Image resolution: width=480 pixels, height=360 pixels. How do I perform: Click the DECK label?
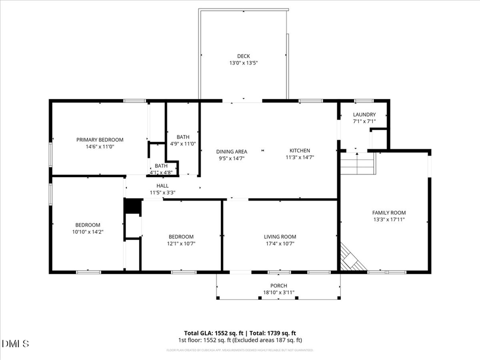click(x=243, y=56)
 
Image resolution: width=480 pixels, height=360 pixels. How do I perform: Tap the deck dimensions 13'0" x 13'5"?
click(x=243, y=63)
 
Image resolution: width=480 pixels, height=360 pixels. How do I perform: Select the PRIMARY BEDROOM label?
click(x=100, y=139)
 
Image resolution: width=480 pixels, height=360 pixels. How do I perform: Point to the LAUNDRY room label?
click(x=364, y=115)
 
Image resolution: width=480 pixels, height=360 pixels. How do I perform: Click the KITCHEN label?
click(x=299, y=150)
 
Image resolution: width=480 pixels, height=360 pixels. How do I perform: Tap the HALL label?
click(x=163, y=186)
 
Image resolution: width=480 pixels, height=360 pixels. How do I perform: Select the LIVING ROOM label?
click(x=280, y=237)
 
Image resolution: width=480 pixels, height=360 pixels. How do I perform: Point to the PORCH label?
click(x=279, y=285)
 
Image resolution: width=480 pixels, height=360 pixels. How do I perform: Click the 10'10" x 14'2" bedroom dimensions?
click(x=87, y=232)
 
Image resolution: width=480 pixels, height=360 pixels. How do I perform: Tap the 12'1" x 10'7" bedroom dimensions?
click(x=181, y=244)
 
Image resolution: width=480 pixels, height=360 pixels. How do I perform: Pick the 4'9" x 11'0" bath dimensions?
click(x=183, y=143)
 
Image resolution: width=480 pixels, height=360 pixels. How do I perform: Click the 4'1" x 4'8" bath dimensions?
click(x=162, y=172)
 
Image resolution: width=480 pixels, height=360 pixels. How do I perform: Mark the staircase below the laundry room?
click(x=358, y=164)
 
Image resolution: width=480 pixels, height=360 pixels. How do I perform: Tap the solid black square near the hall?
click(x=132, y=206)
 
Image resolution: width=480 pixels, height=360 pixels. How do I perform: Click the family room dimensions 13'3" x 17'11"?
click(x=389, y=219)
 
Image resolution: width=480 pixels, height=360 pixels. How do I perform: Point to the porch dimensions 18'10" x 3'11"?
click(x=279, y=292)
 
